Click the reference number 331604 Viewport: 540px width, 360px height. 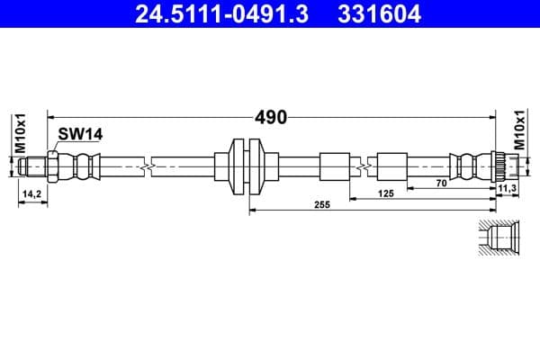(x=380, y=13)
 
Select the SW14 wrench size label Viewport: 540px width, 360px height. (x=80, y=134)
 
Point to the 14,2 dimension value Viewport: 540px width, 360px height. (x=31, y=193)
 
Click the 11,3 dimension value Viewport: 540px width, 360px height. (x=507, y=187)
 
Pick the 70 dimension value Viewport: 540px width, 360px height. (x=441, y=184)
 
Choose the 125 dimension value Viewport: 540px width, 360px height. (x=386, y=193)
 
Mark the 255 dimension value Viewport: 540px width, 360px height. (x=322, y=205)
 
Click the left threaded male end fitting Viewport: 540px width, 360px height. (x=34, y=166)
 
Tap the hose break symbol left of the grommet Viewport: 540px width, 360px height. (x=147, y=166)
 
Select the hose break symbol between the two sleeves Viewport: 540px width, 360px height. (x=363, y=166)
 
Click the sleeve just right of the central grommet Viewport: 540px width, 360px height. (x=332, y=166)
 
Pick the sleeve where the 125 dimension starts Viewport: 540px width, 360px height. (x=391, y=166)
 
